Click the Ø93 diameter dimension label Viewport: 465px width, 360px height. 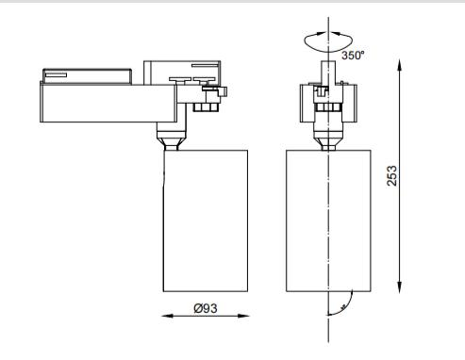[x=206, y=308]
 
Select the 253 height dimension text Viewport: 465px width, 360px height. [x=391, y=175]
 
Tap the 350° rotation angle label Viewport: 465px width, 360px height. [x=353, y=56]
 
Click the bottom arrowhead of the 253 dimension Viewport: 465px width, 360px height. [x=399, y=287]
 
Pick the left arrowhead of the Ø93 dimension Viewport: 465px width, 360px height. [x=167, y=316]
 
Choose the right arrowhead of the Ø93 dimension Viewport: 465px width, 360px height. [x=243, y=316]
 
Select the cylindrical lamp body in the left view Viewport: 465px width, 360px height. [x=206, y=221]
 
